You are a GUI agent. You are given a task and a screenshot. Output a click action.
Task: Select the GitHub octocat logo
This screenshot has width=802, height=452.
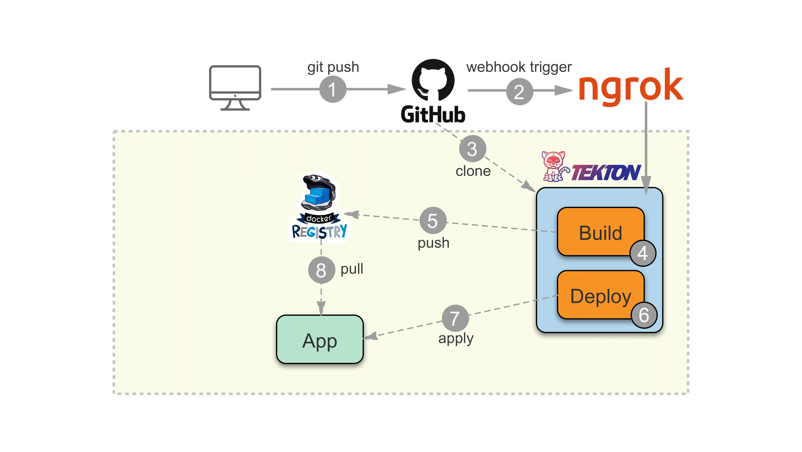[433, 80]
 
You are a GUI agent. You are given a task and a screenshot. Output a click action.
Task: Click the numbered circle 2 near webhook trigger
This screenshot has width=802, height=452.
[519, 92]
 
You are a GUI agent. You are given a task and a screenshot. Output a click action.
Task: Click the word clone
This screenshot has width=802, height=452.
[473, 171]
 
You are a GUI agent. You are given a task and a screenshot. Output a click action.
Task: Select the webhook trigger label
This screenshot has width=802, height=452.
[519, 67]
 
